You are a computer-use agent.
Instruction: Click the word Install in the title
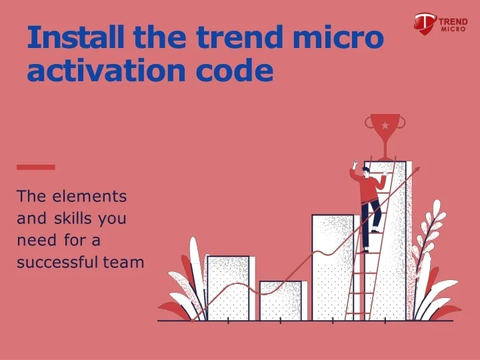(76, 38)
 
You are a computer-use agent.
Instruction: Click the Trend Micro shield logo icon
(425, 23)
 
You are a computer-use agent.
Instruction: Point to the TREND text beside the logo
(453, 21)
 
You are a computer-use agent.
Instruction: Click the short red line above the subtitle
(35, 167)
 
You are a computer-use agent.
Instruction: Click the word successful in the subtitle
(57, 262)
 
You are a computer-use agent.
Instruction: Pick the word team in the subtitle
(123, 262)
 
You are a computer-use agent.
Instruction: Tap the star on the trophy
(384, 125)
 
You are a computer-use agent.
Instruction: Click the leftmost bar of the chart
(227, 288)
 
